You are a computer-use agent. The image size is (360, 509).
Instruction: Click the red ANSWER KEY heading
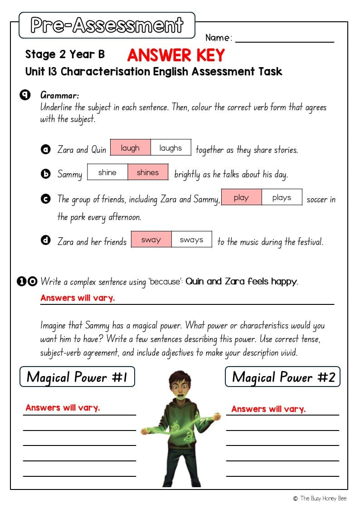coord(176,55)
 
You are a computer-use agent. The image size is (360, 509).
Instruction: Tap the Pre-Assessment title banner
coord(107,25)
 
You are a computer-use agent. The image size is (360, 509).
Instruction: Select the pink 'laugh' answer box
coord(130,148)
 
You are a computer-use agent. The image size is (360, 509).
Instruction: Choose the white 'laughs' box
coord(170,148)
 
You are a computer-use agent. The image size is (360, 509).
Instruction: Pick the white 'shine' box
coord(107,172)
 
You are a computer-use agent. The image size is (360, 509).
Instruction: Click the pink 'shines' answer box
coord(148,172)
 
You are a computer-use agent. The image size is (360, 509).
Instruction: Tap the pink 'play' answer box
coord(241,197)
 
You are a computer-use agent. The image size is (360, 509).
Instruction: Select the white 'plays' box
coord(282,197)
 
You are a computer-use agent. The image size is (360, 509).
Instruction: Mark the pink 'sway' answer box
coord(151,240)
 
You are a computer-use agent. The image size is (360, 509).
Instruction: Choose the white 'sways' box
coord(191,240)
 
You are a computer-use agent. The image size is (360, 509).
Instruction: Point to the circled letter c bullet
coord(45,199)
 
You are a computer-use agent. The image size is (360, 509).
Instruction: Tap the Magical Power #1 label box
coord(77,377)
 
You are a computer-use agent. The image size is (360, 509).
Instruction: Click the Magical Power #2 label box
coord(282,377)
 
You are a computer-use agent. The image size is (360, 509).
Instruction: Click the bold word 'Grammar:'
coord(60,95)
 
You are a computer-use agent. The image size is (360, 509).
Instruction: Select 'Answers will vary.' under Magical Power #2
coord(268,409)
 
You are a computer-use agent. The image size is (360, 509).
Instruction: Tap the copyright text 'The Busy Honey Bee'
coord(323,498)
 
